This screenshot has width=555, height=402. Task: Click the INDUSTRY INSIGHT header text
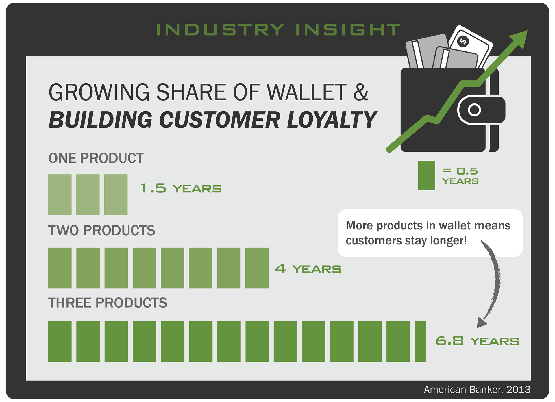pyautogui.click(x=278, y=30)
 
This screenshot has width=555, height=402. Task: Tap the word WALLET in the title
pyautogui.click(x=306, y=92)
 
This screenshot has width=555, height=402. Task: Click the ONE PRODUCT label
pyautogui.click(x=96, y=158)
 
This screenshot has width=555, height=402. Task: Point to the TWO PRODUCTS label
pyautogui.click(x=102, y=230)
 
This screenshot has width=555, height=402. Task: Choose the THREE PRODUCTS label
pyautogui.click(x=108, y=303)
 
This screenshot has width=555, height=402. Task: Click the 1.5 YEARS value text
pyautogui.click(x=181, y=188)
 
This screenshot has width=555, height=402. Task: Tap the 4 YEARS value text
pyautogui.click(x=308, y=269)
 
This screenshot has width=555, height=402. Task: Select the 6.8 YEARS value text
pyautogui.click(x=478, y=341)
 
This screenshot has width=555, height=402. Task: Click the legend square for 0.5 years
pyautogui.click(x=426, y=175)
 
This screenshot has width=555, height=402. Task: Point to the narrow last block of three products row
pyautogui.click(x=420, y=341)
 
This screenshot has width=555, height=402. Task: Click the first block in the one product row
pyautogui.click(x=60, y=194)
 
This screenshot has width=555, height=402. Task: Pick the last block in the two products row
pyautogui.click(x=257, y=268)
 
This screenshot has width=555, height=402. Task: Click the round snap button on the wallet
pyautogui.click(x=474, y=110)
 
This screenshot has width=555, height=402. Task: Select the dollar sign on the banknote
pyautogui.click(x=463, y=42)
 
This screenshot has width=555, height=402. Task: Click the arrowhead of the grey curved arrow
pyautogui.click(x=481, y=322)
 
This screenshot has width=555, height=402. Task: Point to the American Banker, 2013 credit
pyautogui.click(x=477, y=390)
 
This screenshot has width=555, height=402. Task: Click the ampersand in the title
pyautogui.click(x=361, y=92)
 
